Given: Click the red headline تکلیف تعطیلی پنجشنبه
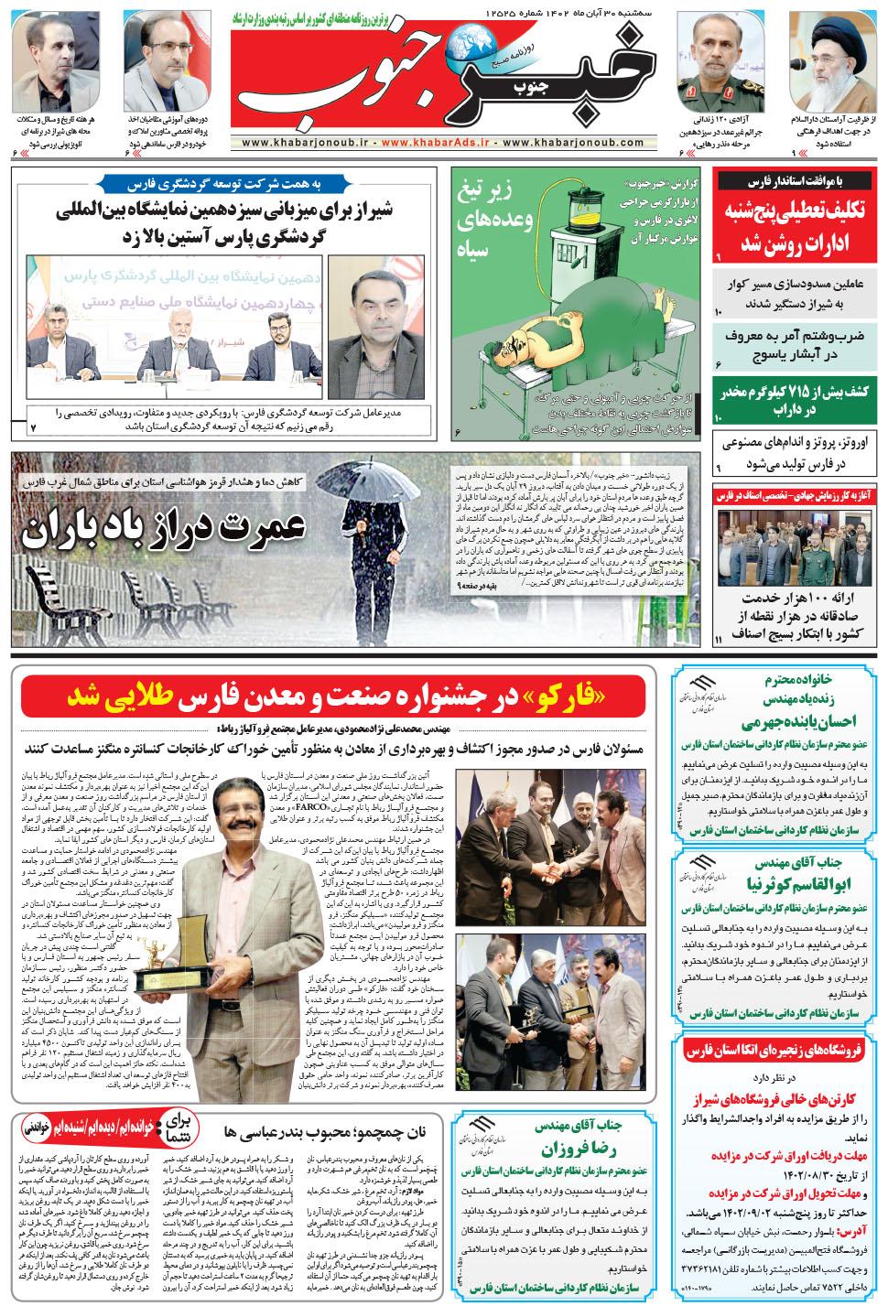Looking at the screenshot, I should (x=795, y=226).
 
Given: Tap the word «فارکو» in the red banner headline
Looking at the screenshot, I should (x=562, y=696).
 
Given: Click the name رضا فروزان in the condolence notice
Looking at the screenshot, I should (x=579, y=1149).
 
